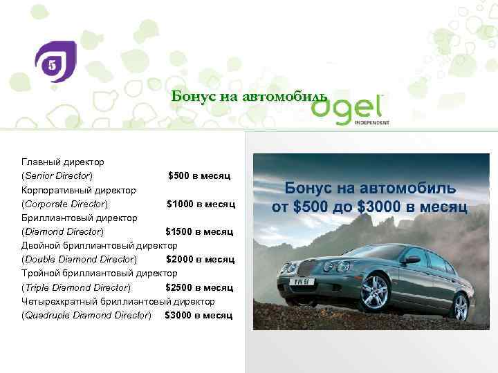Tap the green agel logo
(349, 107)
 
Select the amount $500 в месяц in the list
(199, 175)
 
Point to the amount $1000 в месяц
(201, 204)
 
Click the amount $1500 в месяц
(199, 231)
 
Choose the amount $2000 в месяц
(200, 259)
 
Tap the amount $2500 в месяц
(199, 287)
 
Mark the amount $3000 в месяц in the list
(199, 315)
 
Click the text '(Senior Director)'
(57, 175)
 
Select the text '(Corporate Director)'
(65, 204)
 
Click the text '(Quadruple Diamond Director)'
(86, 315)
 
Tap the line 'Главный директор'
(63, 162)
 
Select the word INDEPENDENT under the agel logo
(372, 123)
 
